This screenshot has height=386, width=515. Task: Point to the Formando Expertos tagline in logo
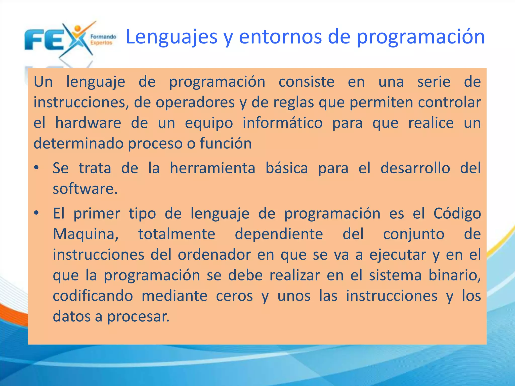pyautogui.click(x=103, y=40)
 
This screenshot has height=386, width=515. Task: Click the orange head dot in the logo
pyautogui.click(x=78, y=28)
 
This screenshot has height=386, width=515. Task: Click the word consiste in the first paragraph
pyautogui.click(x=306, y=82)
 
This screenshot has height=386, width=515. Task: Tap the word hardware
pyautogui.click(x=88, y=123)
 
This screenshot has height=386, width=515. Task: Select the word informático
pyautogui.click(x=282, y=123)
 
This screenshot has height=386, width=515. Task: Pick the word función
pyautogui.click(x=226, y=143)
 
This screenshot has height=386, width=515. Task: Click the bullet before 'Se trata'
pyautogui.click(x=37, y=168)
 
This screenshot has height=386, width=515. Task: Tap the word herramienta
pyautogui.click(x=212, y=168)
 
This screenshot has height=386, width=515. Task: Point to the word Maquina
pyautogui.click(x=85, y=234)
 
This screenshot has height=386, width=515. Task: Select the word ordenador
pyautogui.click(x=214, y=255)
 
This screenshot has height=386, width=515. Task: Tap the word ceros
pyautogui.click(x=234, y=296)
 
